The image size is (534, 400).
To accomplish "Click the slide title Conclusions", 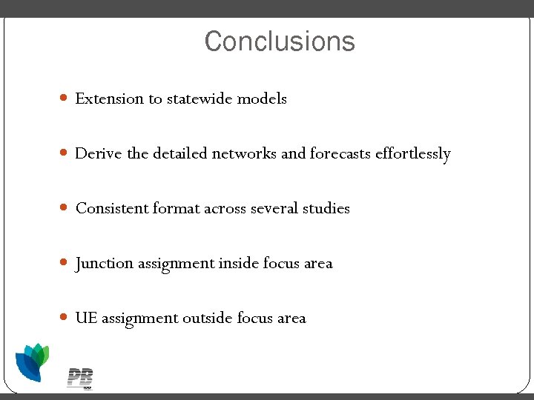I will (x=280, y=41).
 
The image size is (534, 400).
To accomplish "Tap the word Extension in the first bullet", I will (x=110, y=99).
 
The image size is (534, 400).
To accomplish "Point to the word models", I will (x=262, y=99).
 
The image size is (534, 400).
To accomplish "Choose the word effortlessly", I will (x=413, y=154).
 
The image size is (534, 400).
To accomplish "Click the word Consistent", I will (x=112, y=208).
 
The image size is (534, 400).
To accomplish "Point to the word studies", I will (x=326, y=208).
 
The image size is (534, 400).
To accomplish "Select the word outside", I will (x=208, y=318).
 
